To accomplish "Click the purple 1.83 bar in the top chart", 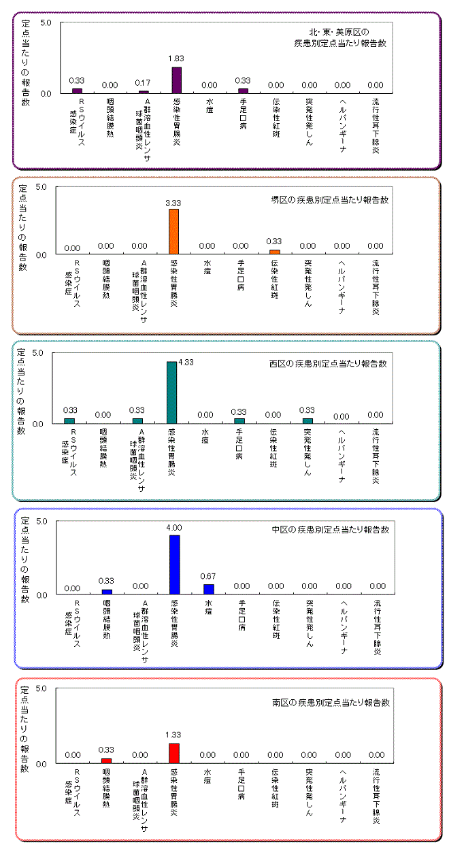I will pos(176,80).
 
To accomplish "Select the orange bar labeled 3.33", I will pos(173,231).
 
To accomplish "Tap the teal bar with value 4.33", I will pos(171,392).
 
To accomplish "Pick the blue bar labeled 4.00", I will pos(175,565).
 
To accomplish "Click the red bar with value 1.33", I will pos(174,753).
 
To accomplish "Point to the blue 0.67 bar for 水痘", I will pos(209,589).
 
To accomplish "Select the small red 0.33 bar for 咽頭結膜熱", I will pos(106,760).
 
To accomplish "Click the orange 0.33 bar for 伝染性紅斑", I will pos(275,252).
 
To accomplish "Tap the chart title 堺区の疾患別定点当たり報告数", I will pos(329,201).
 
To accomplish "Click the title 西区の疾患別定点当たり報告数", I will pos(328,364).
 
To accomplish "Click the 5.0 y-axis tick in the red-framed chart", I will pos(41,688).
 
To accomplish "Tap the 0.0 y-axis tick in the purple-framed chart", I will pos(46,93).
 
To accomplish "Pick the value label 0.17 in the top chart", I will pos(143,83).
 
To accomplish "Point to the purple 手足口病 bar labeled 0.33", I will pos(243,90).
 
